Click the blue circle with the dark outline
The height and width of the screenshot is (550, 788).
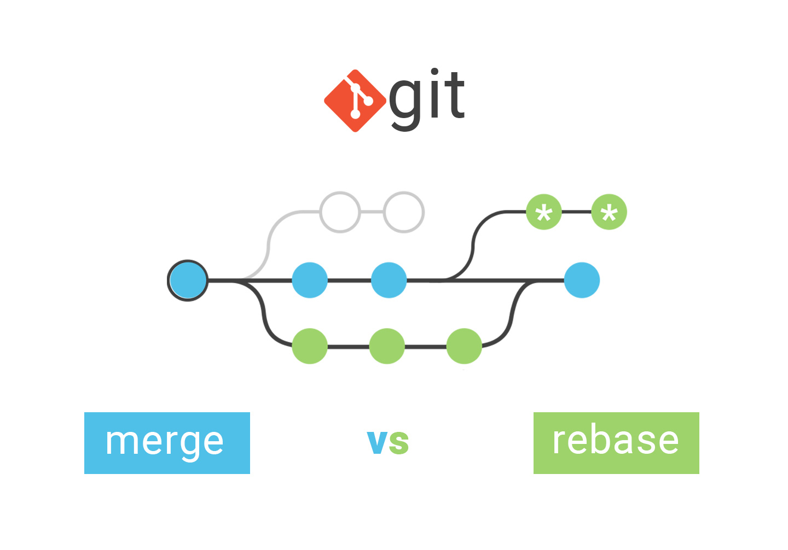pyautogui.click(x=188, y=280)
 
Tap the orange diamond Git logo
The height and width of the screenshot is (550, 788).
pyautogui.click(x=355, y=101)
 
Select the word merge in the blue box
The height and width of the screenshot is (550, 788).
pyautogui.click(x=165, y=442)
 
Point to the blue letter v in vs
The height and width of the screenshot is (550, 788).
pyautogui.click(x=378, y=442)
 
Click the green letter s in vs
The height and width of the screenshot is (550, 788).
pyautogui.click(x=399, y=443)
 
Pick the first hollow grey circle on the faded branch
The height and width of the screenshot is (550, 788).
pyautogui.click(x=340, y=212)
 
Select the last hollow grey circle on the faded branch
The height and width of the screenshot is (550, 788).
pyautogui.click(x=404, y=212)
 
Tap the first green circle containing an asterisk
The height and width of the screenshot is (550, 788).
pyautogui.click(x=544, y=212)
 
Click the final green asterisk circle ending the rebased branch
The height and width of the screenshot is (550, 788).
pyautogui.click(x=609, y=212)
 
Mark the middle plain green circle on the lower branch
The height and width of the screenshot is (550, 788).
pyautogui.click(x=387, y=346)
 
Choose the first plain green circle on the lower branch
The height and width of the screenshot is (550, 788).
pyautogui.click(x=310, y=346)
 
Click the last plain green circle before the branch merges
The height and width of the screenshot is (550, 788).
pyautogui.click(x=464, y=346)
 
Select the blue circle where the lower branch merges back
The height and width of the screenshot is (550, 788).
pyautogui.click(x=582, y=280)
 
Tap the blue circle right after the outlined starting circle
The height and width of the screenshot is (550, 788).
pyautogui.click(x=310, y=280)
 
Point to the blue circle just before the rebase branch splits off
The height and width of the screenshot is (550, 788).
pyautogui.click(x=389, y=280)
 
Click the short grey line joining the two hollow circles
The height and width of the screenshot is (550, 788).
pyautogui.click(x=372, y=212)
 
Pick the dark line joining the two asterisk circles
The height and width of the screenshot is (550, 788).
pyautogui.click(x=576, y=212)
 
